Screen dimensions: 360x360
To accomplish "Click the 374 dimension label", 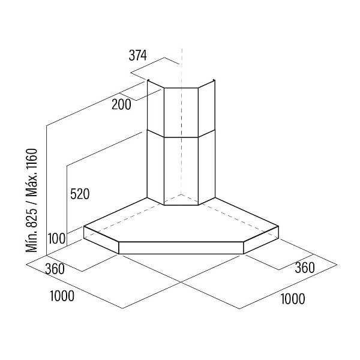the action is (x=137, y=56).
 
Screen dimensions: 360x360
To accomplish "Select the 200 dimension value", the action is (x=121, y=104).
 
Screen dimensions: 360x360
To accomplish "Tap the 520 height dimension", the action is (x=80, y=194).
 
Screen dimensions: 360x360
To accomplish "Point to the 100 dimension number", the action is (x=56, y=238).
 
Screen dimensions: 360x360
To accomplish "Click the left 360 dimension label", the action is (x=55, y=269).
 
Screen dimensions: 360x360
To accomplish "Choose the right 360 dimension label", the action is (x=305, y=268).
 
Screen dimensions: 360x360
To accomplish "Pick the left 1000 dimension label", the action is (x=62, y=296).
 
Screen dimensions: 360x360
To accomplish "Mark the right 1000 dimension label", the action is (x=293, y=299).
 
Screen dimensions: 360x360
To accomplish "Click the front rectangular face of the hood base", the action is (x=181, y=248).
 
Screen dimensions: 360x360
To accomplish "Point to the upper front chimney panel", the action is (x=181, y=113).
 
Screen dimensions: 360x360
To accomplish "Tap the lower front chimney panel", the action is (x=181, y=171).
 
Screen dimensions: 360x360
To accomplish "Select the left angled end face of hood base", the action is (x=101, y=240).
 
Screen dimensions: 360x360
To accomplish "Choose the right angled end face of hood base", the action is (x=261, y=240).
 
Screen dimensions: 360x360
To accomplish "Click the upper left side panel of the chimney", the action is (x=155, y=109).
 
